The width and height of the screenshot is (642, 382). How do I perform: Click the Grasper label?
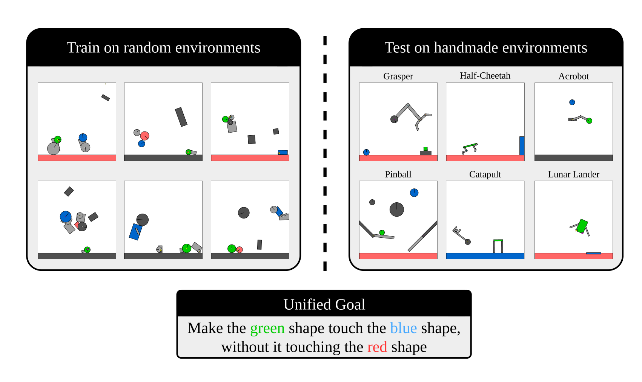[398, 76]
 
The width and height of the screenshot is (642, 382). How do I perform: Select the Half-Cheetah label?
[485, 76]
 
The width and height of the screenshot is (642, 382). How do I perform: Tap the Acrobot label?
[573, 76]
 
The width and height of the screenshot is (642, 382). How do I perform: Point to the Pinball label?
[398, 174]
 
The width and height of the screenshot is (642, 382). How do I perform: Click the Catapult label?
[485, 174]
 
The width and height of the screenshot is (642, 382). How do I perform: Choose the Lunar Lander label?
[573, 174]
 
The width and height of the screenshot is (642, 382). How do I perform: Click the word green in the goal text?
[267, 328]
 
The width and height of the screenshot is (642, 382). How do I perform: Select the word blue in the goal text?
[403, 328]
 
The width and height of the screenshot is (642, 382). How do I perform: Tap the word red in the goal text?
[377, 347]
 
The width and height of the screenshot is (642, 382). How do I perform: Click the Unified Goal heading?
[324, 304]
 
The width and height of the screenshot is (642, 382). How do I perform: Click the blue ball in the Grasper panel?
[366, 152]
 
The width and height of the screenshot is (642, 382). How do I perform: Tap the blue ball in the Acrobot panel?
[572, 102]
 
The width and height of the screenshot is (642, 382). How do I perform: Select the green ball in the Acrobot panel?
[589, 121]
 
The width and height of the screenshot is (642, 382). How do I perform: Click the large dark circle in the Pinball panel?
[396, 209]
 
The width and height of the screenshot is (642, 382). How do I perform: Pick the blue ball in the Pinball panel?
[414, 193]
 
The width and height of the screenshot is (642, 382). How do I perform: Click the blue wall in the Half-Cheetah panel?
[522, 145]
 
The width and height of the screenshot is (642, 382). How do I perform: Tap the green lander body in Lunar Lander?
[582, 226]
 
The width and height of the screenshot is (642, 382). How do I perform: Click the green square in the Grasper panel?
[425, 149]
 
